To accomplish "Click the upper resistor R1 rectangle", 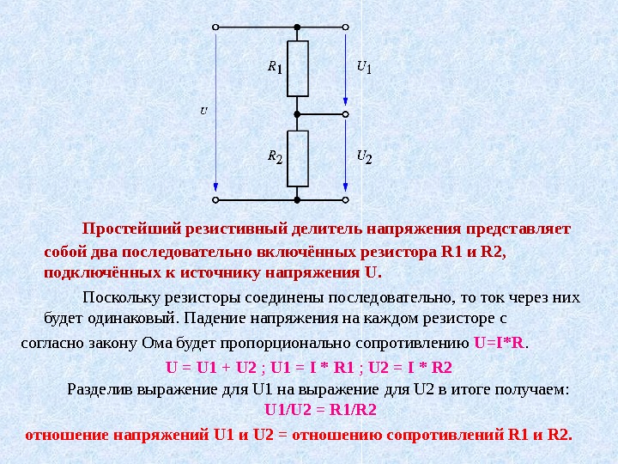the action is (x=298, y=69).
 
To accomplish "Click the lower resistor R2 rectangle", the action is (x=298, y=158).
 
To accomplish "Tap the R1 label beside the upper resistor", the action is (x=274, y=66).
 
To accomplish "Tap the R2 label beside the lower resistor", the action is (x=275, y=156).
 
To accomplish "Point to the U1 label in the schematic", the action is (x=363, y=66).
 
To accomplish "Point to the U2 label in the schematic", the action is (x=364, y=156).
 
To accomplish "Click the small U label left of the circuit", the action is (x=203, y=111).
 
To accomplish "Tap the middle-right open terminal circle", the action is (x=346, y=113).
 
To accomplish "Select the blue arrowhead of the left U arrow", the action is (x=215, y=188).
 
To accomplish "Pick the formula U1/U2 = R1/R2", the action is (x=321, y=410).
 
